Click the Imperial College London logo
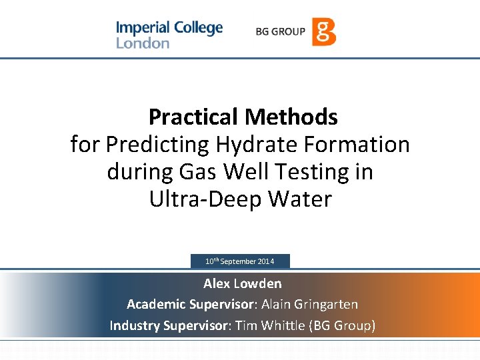[x=169, y=35]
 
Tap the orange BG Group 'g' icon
[x=324, y=31]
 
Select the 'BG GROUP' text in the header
[x=280, y=31]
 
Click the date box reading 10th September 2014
[x=240, y=261]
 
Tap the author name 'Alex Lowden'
[x=242, y=284]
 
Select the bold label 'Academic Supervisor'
[x=189, y=305]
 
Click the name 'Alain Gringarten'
[x=310, y=305]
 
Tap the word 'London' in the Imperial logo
[x=143, y=43]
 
